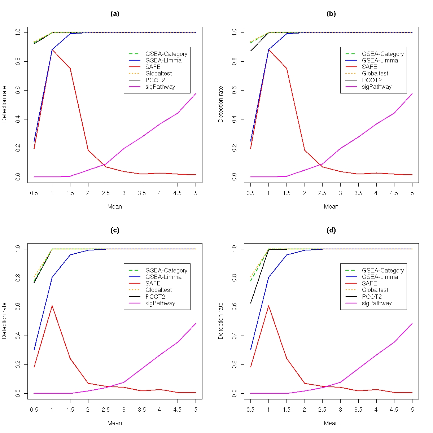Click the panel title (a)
pos(115,14)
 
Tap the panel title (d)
pos(331,230)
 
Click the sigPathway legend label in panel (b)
pos(377,87)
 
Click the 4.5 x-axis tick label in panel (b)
pos(394,193)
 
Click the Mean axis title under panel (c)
pos(115,423)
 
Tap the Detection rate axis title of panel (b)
pos(221,104)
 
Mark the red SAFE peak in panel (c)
pos(52,306)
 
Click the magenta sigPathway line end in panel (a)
pos(196,93)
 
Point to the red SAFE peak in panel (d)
pos(268,306)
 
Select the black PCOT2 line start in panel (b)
pos(250,51)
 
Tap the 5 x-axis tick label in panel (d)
pos(412,410)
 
